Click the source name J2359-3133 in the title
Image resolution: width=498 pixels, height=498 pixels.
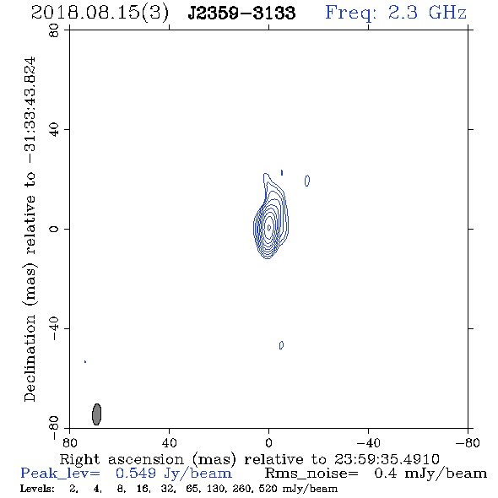click(241, 14)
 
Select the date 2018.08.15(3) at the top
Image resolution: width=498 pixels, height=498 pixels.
click(100, 14)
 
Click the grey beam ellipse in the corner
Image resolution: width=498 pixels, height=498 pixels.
click(96, 414)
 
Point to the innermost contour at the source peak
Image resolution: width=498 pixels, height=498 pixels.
click(269, 227)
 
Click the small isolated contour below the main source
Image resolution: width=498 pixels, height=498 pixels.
click(281, 345)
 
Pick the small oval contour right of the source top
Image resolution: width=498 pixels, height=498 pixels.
click(306, 181)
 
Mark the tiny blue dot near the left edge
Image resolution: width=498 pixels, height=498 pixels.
click(85, 362)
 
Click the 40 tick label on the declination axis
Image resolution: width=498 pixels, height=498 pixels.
click(54, 130)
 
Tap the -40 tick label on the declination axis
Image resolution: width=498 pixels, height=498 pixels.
click(54, 328)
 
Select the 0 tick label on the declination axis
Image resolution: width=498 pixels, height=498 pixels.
click(54, 229)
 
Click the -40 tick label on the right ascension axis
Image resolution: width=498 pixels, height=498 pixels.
click(368, 442)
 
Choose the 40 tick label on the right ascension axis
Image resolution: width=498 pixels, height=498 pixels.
click(169, 442)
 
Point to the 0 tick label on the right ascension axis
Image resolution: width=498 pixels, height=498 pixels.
click(268, 442)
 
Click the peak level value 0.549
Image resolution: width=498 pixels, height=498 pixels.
click(136, 474)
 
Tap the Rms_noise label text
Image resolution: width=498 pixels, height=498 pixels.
click(311, 474)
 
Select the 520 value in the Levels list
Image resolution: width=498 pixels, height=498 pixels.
click(269, 489)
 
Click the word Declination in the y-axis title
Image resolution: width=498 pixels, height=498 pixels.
click(30, 358)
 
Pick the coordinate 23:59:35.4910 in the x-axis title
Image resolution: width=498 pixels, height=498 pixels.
click(387, 459)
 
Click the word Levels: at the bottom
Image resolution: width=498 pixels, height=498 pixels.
click(37, 489)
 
